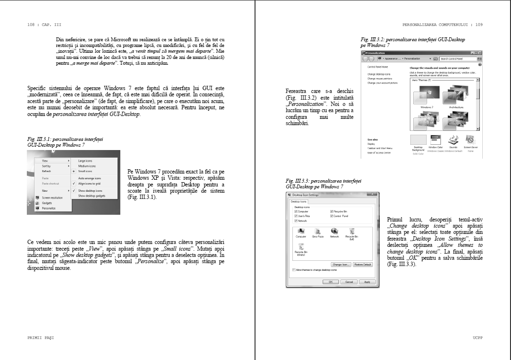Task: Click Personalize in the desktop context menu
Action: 49,209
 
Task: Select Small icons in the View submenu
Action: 86,171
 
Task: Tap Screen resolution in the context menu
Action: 52,197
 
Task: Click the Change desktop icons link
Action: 379,74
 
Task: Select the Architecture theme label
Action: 456,107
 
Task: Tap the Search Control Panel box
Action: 457,58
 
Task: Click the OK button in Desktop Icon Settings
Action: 330,282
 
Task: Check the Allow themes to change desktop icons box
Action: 294,270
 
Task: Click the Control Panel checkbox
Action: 332,216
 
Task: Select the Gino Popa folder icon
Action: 317,231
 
